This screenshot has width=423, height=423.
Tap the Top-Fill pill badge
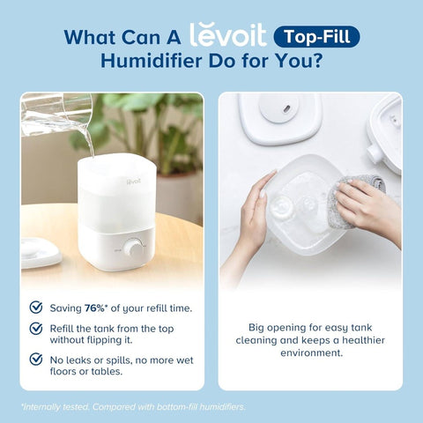(x=316, y=37)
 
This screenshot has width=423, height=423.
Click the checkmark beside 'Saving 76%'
(x=36, y=307)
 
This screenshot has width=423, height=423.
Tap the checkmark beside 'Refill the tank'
(x=36, y=328)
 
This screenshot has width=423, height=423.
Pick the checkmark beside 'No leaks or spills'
(x=36, y=359)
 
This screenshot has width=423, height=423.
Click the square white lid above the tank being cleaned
(x=280, y=116)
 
